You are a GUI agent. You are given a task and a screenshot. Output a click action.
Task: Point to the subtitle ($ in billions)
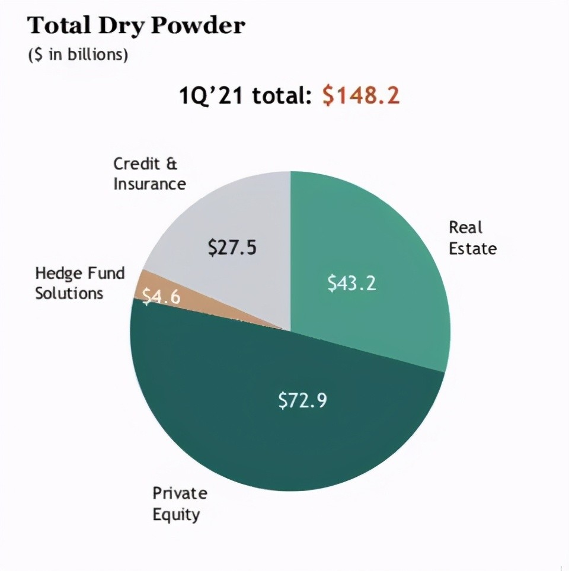coord(78,55)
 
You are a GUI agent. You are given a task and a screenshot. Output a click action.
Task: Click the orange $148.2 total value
coord(361,95)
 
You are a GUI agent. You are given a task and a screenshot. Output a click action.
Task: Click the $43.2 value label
coord(351,283)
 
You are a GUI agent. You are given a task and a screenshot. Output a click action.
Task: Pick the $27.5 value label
coord(232,247)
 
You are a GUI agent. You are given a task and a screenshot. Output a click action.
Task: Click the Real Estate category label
coord(472,238)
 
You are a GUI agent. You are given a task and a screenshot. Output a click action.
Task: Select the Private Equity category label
coord(180,503)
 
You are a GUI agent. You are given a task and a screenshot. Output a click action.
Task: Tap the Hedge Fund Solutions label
coord(79,283)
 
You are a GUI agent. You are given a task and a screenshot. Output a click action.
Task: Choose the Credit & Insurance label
coord(149,174)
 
